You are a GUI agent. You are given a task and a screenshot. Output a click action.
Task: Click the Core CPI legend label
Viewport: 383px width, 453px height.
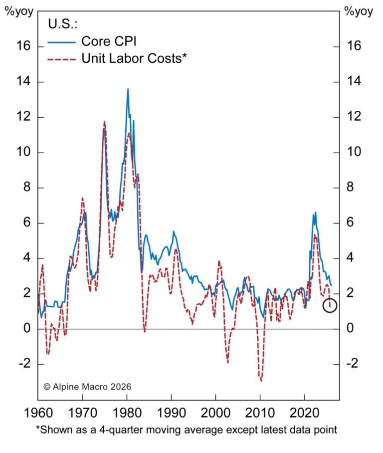pyautogui.click(x=108, y=40)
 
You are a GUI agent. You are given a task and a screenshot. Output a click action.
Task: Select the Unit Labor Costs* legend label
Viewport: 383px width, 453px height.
pyautogui.click(x=134, y=58)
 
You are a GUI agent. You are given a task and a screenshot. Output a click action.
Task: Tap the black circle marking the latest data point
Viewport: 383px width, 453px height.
pyautogui.click(x=330, y=305)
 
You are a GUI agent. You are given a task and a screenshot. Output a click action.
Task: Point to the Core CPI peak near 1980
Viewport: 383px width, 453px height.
pyautogui.click(x=128, y=89)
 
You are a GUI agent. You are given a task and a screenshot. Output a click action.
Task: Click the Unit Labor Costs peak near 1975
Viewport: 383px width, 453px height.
pyautogui.click(x=105, y=121)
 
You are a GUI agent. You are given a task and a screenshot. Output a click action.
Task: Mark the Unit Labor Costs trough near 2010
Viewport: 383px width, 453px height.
pyautogui.click(x=260, y=380)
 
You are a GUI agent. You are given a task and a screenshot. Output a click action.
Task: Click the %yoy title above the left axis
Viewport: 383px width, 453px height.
pyautogui.click(x=17, y=11)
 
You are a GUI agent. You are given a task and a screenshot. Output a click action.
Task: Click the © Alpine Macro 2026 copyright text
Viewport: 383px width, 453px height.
pyautogui.click(x=87, y=386)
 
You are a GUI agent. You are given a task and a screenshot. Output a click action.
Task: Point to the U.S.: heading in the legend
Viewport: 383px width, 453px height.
pyautogui.click(x=63, y=23)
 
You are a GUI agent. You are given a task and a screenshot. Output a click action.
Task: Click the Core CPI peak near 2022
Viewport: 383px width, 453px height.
pyautogui.click(x=315, y=213)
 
